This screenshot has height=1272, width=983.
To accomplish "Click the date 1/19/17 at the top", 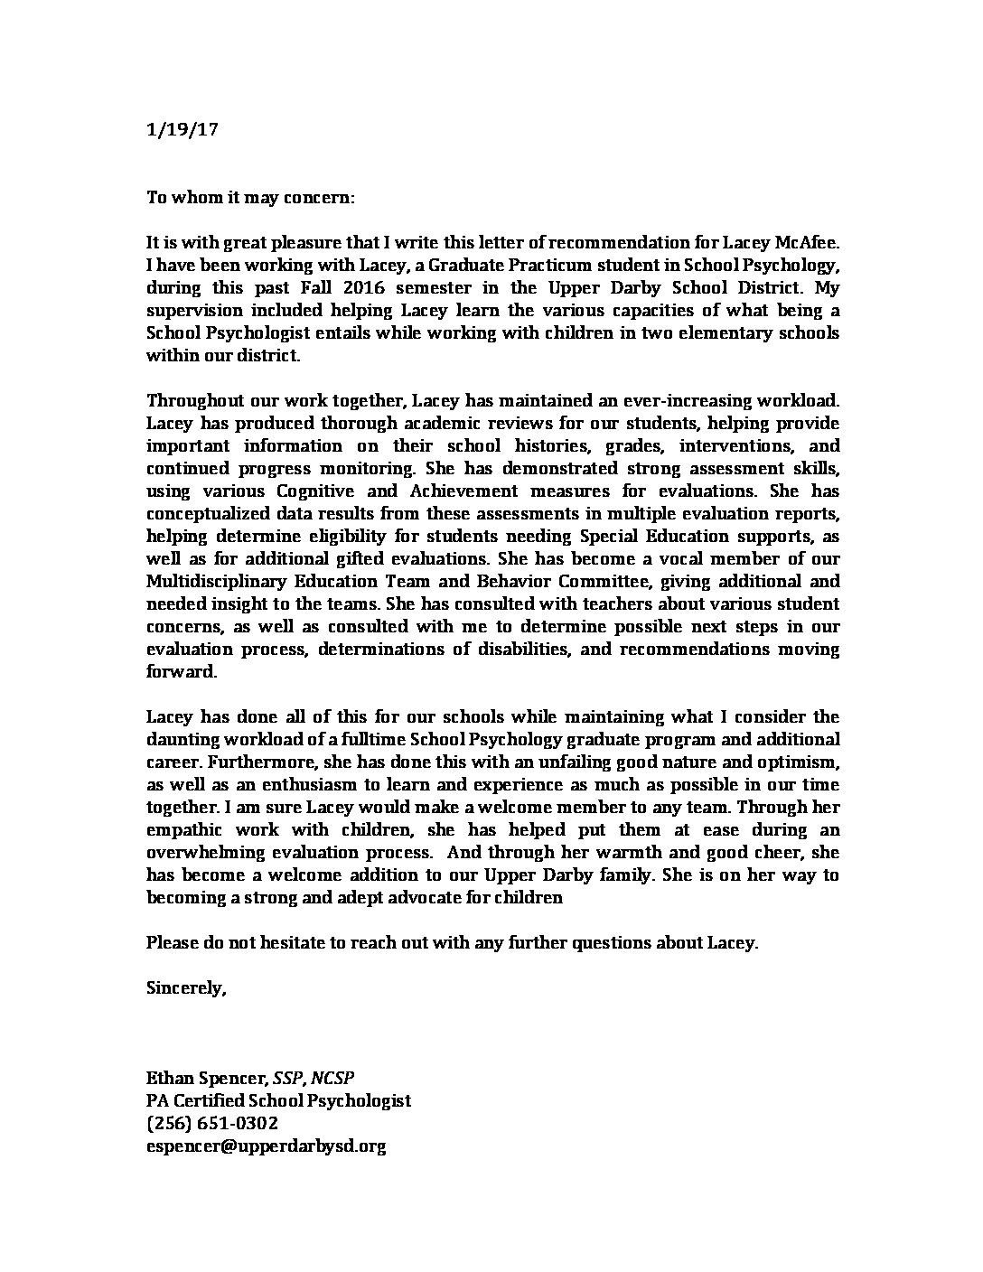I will pyautogui.click(x=182, y=129).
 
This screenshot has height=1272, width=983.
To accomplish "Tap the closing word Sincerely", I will pyautogui.click(x=185, y=987).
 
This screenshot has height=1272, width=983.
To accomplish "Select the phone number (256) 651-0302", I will pyautogui.click(x=211, y=1123).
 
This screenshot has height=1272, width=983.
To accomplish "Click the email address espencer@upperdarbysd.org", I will pyautogui.click(x=266, y=1146).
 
